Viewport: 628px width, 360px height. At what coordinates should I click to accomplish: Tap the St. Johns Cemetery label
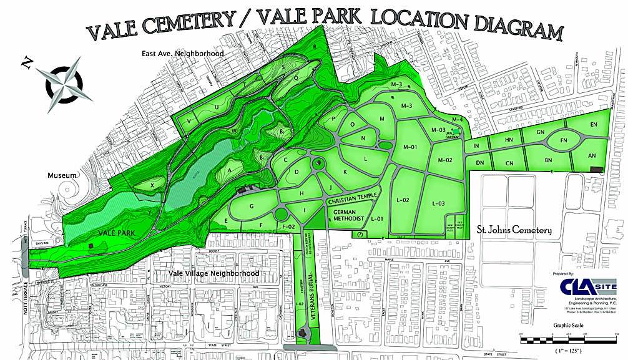514,230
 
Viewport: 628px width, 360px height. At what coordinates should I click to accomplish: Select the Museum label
62,176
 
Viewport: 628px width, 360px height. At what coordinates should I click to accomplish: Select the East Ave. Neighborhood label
182,54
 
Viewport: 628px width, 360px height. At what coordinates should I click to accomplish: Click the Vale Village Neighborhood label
214,273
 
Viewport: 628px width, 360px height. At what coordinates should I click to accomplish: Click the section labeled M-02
444,160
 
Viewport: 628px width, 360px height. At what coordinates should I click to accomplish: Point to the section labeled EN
593,125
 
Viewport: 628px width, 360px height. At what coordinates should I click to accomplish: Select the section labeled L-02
403,200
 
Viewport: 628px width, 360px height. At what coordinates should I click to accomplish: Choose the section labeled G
252,205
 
